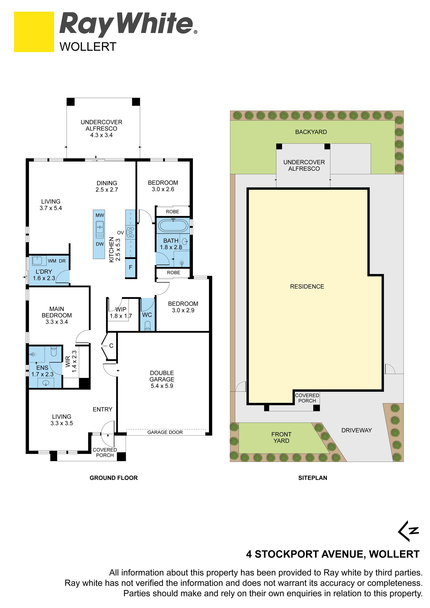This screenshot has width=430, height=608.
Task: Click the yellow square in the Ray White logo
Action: tap(34, 32)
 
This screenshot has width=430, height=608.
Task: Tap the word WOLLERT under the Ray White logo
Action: tap(88, 47)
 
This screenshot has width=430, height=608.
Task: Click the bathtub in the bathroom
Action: tap(173, 226)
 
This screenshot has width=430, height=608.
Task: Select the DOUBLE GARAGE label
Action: tap(162, 376)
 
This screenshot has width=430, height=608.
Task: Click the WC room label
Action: tap(147, 315)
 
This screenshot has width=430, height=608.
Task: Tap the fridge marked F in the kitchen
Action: tap(131, 267)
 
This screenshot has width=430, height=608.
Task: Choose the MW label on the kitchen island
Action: tap(100, 215)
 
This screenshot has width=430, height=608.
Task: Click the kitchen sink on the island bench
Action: tap(100, 229)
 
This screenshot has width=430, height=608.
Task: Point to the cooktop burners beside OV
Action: tap(131, 232)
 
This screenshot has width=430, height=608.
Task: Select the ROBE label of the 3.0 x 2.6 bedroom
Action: tap(172, 212)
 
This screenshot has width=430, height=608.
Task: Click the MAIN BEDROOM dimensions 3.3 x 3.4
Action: tap(57, 322)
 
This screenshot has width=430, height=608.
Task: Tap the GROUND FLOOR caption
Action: tap(114, 478)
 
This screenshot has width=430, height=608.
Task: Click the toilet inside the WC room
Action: tap(148, 326)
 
